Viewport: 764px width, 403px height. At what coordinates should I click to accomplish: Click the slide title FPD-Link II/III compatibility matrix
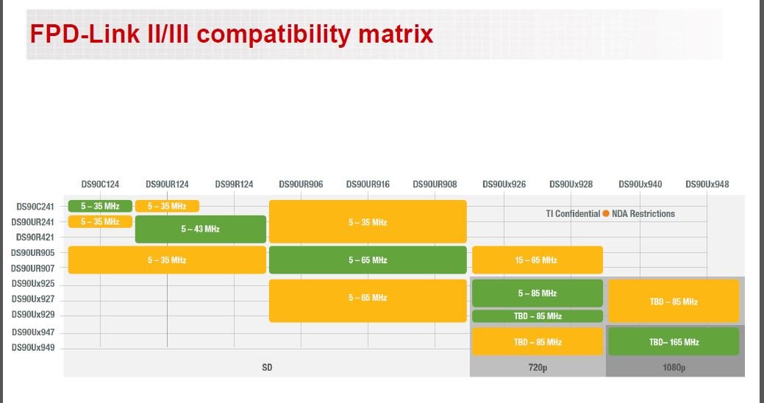[x=231, y=33]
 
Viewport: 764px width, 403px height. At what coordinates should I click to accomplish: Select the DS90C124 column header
[x=100, y=184]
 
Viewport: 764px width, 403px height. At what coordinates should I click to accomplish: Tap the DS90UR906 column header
[x=301, y=184]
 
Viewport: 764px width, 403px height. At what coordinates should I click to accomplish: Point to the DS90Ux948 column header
[x=707, y=184]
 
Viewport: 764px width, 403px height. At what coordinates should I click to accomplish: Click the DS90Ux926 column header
[x=504, y=184]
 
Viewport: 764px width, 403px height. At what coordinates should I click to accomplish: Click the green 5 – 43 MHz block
[x=200, y=229]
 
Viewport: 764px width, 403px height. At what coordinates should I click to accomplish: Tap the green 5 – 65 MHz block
[x=368, y=260]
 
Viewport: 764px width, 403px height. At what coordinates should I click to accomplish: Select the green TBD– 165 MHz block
[x=674, y=342]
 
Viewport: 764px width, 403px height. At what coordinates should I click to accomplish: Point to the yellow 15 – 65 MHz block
[x=537, y=260]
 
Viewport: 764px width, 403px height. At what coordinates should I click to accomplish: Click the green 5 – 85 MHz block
[x=537, y=293]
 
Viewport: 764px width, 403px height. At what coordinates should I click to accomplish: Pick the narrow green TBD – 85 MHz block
[x=537, y=316]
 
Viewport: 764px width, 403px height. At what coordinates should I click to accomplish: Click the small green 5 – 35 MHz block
[x=100, y=206]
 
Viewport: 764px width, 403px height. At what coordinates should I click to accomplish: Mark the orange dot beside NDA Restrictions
[x=606, y=214]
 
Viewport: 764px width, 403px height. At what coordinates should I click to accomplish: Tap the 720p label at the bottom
[x=538, y=366]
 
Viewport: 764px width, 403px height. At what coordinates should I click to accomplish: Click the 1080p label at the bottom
[x=674, y=366]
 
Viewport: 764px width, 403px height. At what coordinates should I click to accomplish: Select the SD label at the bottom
[x=267, y=366]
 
